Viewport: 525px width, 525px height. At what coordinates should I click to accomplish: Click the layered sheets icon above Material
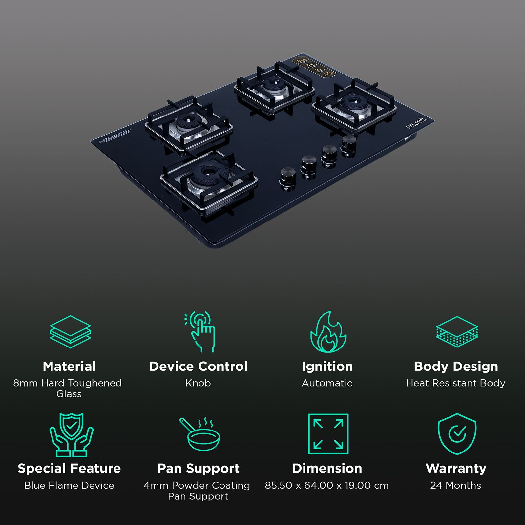click(x=70, y=332)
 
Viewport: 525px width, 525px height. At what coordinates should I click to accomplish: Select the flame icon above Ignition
click(x=328, y=332)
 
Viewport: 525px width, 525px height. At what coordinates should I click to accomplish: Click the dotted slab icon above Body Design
click(x=457, y=332)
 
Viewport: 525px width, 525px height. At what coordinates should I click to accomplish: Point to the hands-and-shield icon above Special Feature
click(x=71, y=435)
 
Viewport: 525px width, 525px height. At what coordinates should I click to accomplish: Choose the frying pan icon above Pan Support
click(x=199, y=434)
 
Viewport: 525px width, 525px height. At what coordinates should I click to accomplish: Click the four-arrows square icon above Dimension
click(x=328, y=434)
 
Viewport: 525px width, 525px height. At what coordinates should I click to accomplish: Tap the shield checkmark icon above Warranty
click(x=457, y=434)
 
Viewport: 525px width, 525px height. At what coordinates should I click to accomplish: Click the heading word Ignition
click(x=327, y=366)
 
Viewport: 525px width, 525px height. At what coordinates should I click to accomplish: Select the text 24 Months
click(x=456, y=485)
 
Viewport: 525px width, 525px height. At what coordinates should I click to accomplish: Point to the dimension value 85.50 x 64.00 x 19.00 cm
click(x=327, y=485)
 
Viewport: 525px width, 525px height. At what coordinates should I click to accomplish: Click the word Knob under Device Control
click(x=198, y=383)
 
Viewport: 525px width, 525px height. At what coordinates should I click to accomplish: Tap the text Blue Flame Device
click(x=69, y=485)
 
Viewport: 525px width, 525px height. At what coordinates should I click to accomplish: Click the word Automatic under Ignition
click(x=327, y=383)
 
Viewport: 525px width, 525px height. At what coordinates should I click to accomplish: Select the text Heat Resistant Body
click(x=456, y=383)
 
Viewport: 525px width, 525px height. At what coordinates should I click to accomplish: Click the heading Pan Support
click(x=198, y=468)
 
